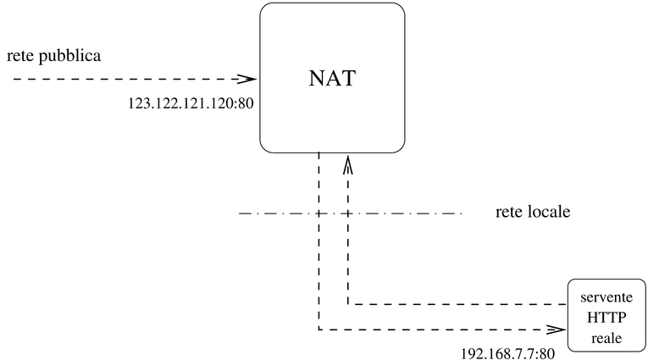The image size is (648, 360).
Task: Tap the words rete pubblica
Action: (54, 57)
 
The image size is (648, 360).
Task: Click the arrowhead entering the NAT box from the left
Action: (248, 79)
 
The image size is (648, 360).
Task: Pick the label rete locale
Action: (532, 212)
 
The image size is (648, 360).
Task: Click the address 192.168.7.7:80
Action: (507, 352)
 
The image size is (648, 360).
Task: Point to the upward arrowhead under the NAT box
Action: (346, 163)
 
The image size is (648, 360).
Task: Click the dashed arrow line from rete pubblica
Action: (127, 79)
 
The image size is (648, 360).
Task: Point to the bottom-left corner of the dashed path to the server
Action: (318, 329)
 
